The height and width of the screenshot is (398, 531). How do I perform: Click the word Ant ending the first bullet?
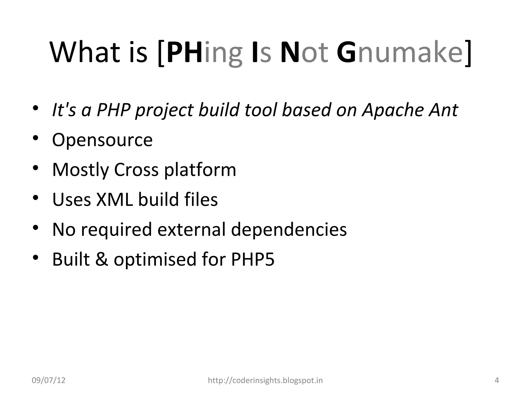443,110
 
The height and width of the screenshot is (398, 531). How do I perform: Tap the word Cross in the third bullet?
136,170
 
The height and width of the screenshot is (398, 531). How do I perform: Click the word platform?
200,170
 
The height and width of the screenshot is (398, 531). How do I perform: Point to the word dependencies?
289,230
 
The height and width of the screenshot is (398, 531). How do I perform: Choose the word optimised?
155,260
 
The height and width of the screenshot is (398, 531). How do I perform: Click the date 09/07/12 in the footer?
48,380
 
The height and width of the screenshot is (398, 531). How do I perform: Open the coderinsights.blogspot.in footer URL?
265,380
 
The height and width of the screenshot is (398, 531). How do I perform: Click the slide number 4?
497,380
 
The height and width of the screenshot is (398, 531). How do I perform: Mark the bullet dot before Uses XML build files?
36,198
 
